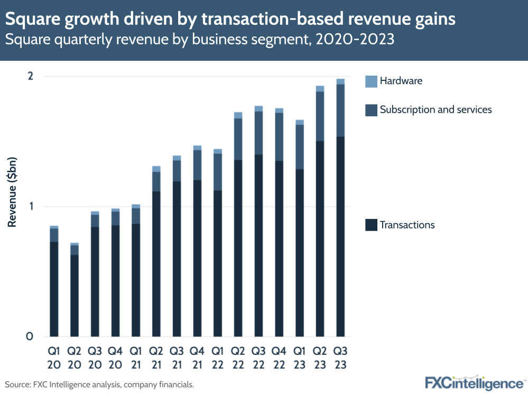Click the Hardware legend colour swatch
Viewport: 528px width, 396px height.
(x=372, y=81)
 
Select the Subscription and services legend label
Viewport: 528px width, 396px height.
(x=436, y=109)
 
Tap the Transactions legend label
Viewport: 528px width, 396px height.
(x=407, y=225)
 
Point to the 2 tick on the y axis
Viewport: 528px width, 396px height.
(x=30, y=76)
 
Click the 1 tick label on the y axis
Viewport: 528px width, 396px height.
(x=31, y=206)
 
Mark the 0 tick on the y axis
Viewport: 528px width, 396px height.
(x=30, y=336)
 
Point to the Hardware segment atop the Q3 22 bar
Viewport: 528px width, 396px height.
(x=258, y=108)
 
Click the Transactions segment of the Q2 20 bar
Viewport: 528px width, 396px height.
(x=75, y=296)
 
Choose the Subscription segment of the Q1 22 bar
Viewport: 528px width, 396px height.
(x=217, y=172)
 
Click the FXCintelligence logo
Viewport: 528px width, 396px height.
(x=474, y=382)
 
